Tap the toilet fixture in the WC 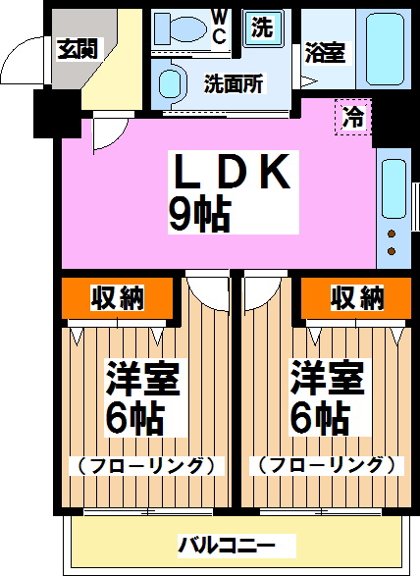[x=182, y=28]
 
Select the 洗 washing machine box [x=262, y=27]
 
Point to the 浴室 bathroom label [x=324, y=53]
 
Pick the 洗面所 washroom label [x=233, y=84]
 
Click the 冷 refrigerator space [x=352, y=118]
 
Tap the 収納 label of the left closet [x=119, y=296]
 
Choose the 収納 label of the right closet [x=356, y=296]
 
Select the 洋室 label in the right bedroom [x=327, y=378]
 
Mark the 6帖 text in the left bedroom [x=134, y=419]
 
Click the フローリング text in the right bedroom [x=322, y=464]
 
